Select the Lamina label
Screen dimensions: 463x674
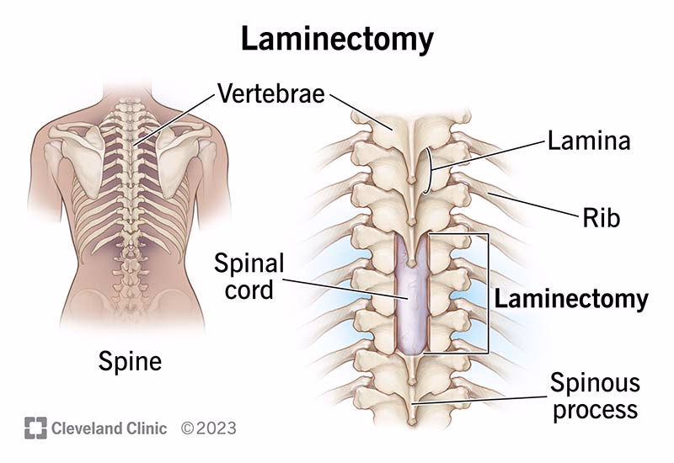pyautogui.click(x=588, y=141)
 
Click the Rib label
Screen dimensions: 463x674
pyautogui.click(x=601, y=218)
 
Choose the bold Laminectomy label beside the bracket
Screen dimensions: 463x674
pyautogui.click(x=570, y=299)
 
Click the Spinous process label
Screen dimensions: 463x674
pyautogui.click(x=595, y=396)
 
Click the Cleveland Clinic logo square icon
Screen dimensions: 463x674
pyautogui.click(x=35, y=428)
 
